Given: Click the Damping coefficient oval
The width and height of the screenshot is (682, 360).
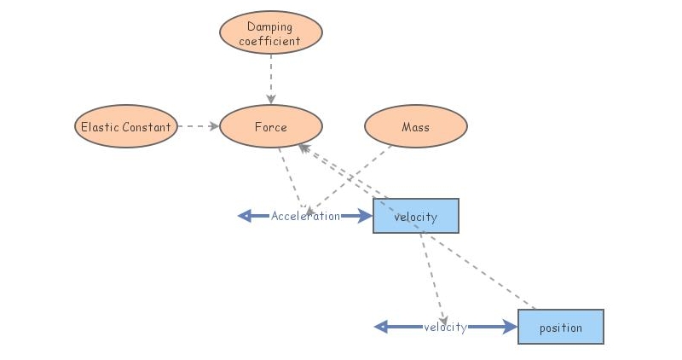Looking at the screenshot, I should point(271,33).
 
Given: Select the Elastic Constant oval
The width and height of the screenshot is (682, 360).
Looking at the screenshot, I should point(126,127).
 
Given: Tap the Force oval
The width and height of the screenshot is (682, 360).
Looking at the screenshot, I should point(271,127).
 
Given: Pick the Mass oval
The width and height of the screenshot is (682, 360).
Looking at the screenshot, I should point(416,127).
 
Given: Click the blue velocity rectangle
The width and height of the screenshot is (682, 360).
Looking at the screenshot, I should point(416,216).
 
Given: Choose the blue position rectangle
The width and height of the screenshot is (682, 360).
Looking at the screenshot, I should point(561,327).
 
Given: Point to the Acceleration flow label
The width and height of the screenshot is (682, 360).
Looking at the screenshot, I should point(305,216).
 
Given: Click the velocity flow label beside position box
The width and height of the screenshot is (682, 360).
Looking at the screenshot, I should point(445,327).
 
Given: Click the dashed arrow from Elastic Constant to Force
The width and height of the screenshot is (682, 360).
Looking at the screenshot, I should point(198,127).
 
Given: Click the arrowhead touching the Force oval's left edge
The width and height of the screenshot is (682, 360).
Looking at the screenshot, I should point(215,127).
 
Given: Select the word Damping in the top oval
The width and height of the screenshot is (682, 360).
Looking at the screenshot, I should point(270,27).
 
